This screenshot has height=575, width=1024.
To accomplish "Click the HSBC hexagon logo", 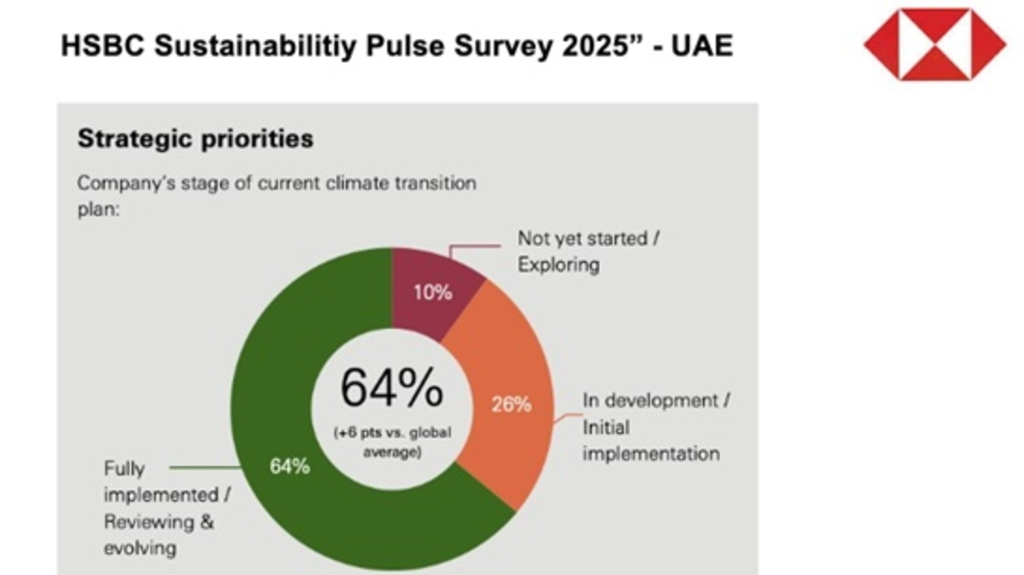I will [x=935, y=44].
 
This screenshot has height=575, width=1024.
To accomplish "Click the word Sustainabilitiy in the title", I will [x=255, y=46].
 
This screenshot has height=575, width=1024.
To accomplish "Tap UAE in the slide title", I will [x=701, y=46].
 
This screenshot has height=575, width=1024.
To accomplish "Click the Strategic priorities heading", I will [x=195, y=139].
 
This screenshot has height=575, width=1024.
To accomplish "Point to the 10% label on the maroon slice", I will [x=433, y=293].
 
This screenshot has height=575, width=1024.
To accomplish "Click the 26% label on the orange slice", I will [x=511, y=405].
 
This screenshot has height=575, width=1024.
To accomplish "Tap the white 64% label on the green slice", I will [x=290, y=467].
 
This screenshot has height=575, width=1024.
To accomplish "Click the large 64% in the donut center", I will [x=392, y=388].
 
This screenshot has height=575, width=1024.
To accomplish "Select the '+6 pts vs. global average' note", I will [x=392, y=442].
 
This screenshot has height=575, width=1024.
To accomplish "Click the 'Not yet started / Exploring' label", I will [x=588, y=252].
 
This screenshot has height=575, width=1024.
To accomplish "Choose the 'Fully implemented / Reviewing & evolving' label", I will [x=166, y=508].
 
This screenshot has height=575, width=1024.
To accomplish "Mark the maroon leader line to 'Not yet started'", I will [x=475, y=246].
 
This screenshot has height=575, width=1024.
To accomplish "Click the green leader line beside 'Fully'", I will [x=205, y=468].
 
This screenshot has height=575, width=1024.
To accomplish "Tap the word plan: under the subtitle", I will [x=99, y=209].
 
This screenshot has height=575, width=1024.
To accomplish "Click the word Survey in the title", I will [x=503, y=46].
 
